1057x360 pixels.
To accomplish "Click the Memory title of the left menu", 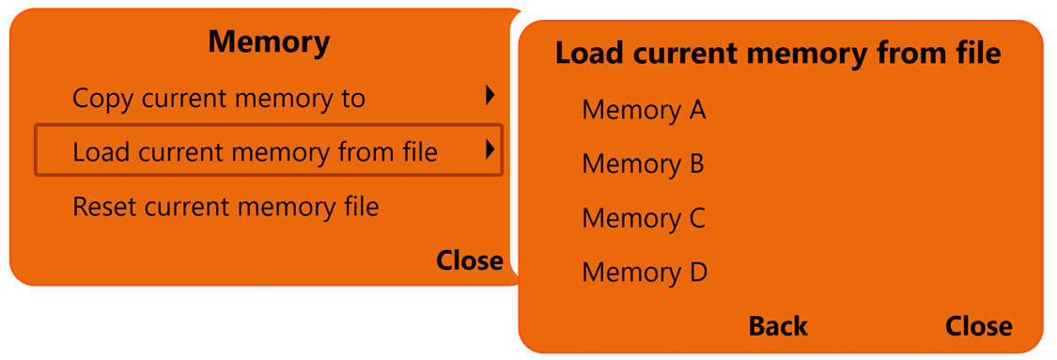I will click(269, 42).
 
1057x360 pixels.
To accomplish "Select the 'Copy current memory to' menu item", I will click(219, 98).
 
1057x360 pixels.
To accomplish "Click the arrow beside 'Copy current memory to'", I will click(490, 95).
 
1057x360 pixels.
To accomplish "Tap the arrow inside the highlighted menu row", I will click(490, 149).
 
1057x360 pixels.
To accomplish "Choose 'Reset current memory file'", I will click(225, 206).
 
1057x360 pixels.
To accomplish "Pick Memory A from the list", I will click(644, 110).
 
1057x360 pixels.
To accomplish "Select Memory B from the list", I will click(643, 164).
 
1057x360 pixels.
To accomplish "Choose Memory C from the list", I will click(644, 218).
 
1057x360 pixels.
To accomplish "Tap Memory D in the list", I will click(645, 273).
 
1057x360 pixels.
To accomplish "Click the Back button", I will click(778, 326).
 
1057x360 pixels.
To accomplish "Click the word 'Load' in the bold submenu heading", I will click(588, 53).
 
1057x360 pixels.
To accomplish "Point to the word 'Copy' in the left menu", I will click(101, 99).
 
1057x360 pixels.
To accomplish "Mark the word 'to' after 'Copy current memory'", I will click(352, 98).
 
